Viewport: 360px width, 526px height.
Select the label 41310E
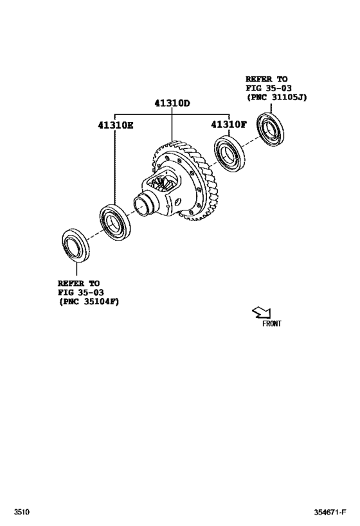[116, 125]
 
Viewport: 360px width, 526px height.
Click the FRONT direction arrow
[261, 313]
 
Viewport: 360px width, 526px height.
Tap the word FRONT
[271, 324]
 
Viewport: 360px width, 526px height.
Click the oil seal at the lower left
[75, 245]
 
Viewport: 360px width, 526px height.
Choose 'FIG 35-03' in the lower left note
[80, 292]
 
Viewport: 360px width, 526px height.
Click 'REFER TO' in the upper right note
[266, 80]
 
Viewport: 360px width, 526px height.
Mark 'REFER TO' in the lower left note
[79, 283]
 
